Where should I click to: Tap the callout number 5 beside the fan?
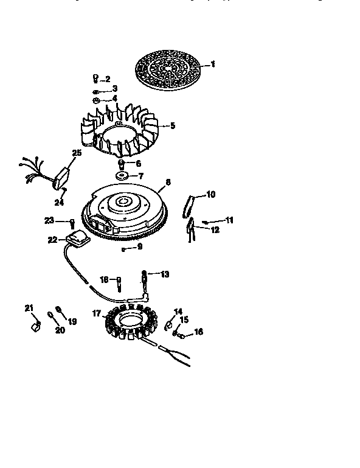(172, 126)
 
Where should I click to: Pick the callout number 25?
(76, 153)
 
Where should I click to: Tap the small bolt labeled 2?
(95, 79)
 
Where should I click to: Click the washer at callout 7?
(124, 176)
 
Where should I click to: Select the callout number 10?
(210, 195)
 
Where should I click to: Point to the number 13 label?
(165, 274)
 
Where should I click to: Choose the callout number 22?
(52, 240)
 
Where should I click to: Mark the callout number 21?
(29, 308)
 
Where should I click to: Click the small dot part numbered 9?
(123, 249)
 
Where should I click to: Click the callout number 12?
(215, 229)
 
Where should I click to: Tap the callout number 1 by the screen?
(213, 64)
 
